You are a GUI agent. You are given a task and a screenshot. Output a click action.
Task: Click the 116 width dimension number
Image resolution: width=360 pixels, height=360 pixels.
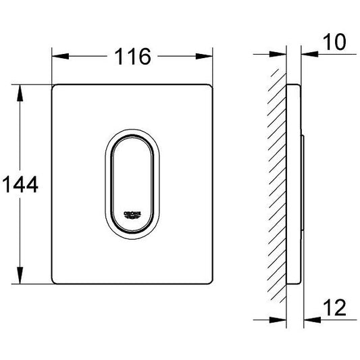132,57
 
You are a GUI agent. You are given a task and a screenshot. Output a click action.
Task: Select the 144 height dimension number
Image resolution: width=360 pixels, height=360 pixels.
20,184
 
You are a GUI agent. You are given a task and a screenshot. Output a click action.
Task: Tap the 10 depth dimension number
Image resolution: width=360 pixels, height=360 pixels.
334,42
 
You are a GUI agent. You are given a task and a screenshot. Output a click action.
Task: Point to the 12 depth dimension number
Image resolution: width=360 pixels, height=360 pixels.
334,307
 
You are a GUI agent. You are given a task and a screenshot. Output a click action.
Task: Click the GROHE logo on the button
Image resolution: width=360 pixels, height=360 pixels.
132,215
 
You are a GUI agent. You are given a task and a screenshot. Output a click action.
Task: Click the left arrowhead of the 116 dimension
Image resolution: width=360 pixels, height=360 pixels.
60,56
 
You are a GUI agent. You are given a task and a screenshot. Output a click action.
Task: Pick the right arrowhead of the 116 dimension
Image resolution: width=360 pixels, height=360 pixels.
204,56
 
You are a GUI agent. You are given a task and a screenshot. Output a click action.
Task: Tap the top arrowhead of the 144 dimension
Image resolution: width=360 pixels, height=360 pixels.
20,93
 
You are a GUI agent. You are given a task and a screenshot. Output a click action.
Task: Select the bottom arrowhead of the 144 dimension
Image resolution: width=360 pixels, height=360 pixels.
20,276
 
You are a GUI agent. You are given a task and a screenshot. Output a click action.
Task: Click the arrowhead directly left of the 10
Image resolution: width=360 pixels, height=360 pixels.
310,54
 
